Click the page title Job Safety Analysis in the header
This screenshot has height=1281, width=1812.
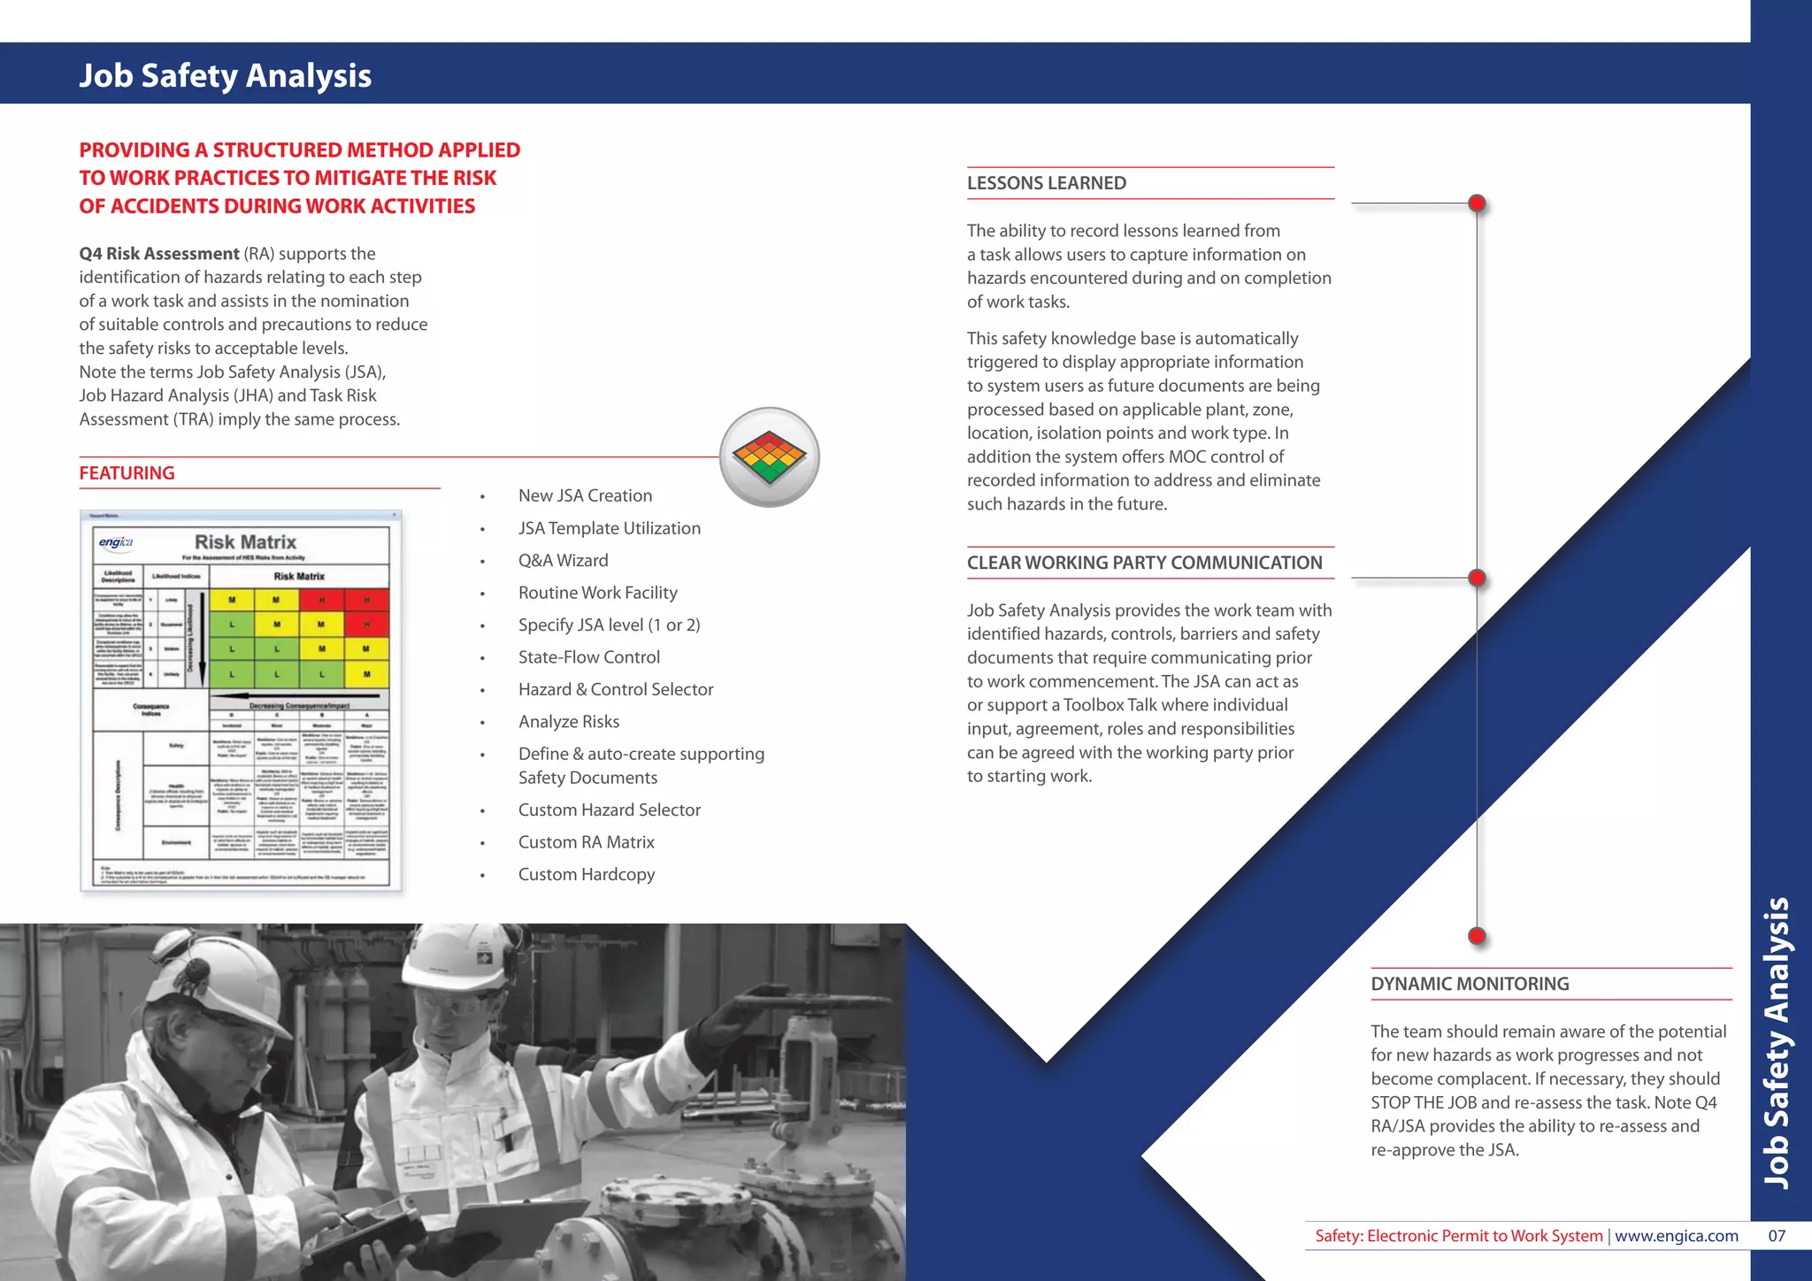coord(225,75)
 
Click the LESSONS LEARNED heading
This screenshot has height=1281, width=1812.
coord(1046,183)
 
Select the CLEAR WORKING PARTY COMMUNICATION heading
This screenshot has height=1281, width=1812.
coord(1144,563)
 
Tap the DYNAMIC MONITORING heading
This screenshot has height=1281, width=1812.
coord(1470,984)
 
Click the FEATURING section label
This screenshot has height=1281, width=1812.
coord(127,473)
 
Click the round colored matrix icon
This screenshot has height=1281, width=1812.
coord(769,457)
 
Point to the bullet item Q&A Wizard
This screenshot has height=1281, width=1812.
coord(563,560)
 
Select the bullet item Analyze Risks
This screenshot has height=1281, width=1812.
coord(568,722)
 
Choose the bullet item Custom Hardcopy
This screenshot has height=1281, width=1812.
coord(586,874)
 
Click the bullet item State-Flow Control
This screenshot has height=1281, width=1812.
coord(588,657)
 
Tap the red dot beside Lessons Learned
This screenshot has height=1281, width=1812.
coord(1476,203)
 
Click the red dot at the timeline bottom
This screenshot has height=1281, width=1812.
coord(1476,936)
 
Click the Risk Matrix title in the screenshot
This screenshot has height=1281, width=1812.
coord(245,541)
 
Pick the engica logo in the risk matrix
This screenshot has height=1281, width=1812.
coord(115,542)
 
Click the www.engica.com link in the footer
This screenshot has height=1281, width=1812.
coord(1676,1236)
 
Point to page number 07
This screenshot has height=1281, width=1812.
coord(1777,1236)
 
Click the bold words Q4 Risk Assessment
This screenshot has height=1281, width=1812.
coord(158,254)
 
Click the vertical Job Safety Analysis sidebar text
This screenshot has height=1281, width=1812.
coord(1777,1044)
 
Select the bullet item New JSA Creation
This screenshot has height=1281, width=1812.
coord(585,495)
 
